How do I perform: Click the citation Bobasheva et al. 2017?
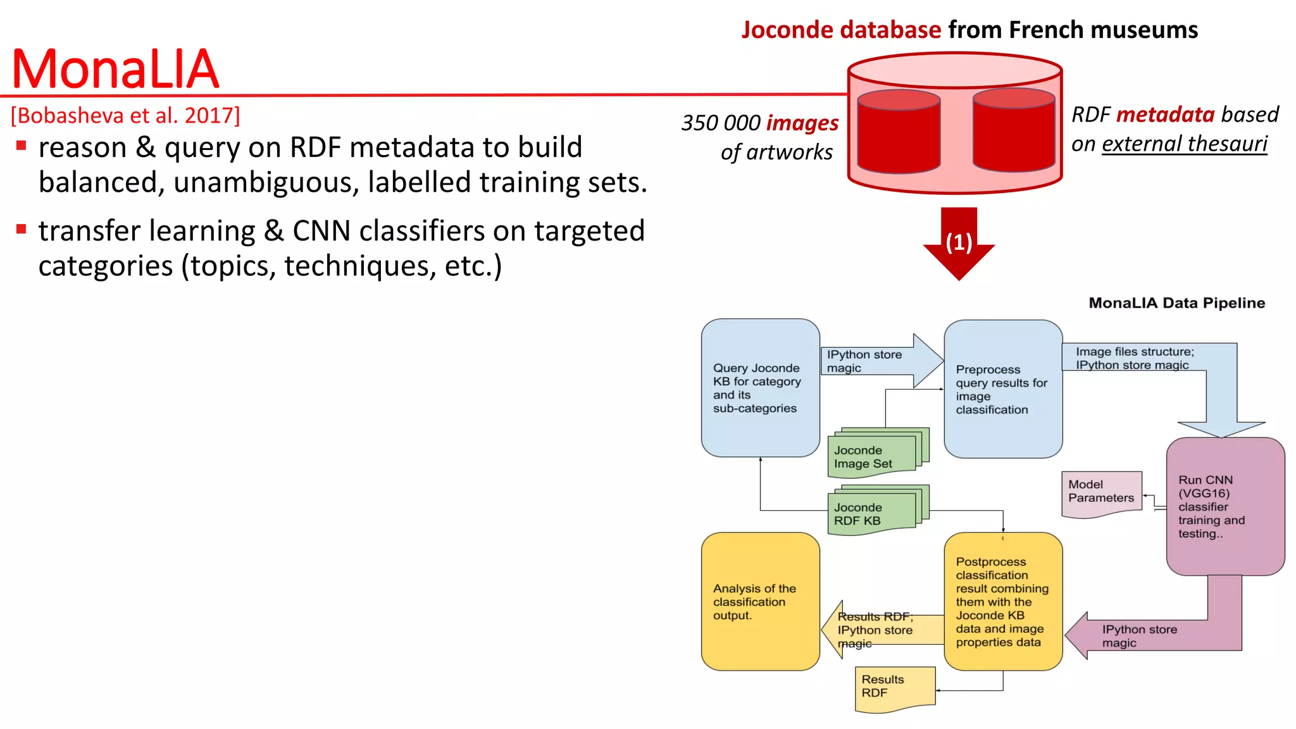click(125, 115)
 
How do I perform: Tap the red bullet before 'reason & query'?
click(22, 146)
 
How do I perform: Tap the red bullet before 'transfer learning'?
click(22, 229)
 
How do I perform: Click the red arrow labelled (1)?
click(959, 243)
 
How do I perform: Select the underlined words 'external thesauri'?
click(1185, 144)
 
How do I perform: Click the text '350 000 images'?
click(759, 122)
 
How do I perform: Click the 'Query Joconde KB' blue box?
click(760, 388)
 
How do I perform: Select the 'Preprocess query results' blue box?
click(1003, 389)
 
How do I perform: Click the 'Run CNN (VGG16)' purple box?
click(1225, 506)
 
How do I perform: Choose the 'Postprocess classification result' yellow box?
click(1003, 601)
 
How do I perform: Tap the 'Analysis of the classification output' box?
click(760, 601)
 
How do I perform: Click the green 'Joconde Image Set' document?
click(873, 456)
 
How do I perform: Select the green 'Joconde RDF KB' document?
click(873, 513)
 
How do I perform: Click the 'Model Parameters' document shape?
click(1101, 493)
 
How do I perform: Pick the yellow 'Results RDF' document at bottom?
click(894, 687)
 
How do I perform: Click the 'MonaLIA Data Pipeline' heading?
click(1176, 303)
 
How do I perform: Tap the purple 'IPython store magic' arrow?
click(1152, 635)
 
